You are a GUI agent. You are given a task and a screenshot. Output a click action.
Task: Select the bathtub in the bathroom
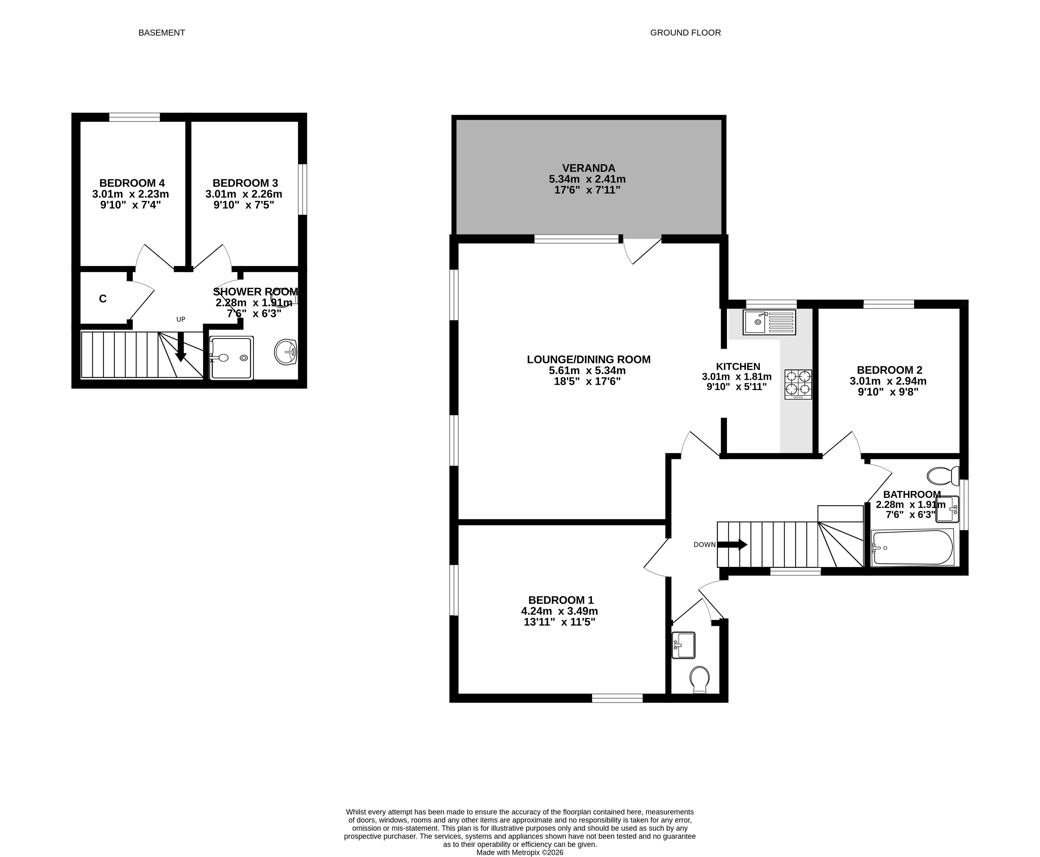pos(912,547)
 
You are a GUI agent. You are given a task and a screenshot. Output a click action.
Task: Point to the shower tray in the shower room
pos(231,358)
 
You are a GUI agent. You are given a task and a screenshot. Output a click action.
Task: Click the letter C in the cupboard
pos(103,299)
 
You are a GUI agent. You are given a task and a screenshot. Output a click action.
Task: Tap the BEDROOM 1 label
pos(561,600)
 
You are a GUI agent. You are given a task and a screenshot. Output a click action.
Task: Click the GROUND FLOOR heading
pos(685,33)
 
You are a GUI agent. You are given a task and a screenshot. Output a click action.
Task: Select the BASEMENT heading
pos(162,33)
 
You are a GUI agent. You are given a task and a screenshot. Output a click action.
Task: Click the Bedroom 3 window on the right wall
pos(303,190)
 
